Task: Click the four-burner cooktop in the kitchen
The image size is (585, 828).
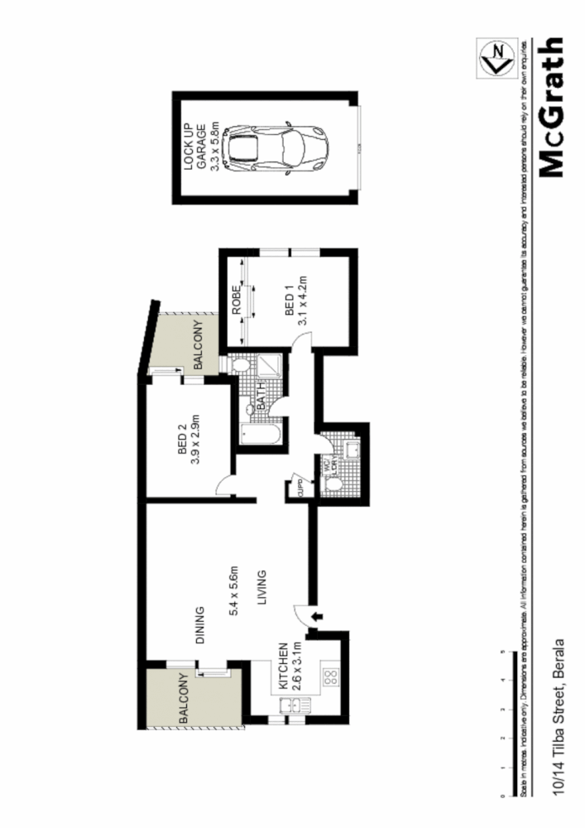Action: coord(328,677)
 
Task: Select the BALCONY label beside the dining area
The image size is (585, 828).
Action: coord(183,700)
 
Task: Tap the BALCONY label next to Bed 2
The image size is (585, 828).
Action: coord(198,344)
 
